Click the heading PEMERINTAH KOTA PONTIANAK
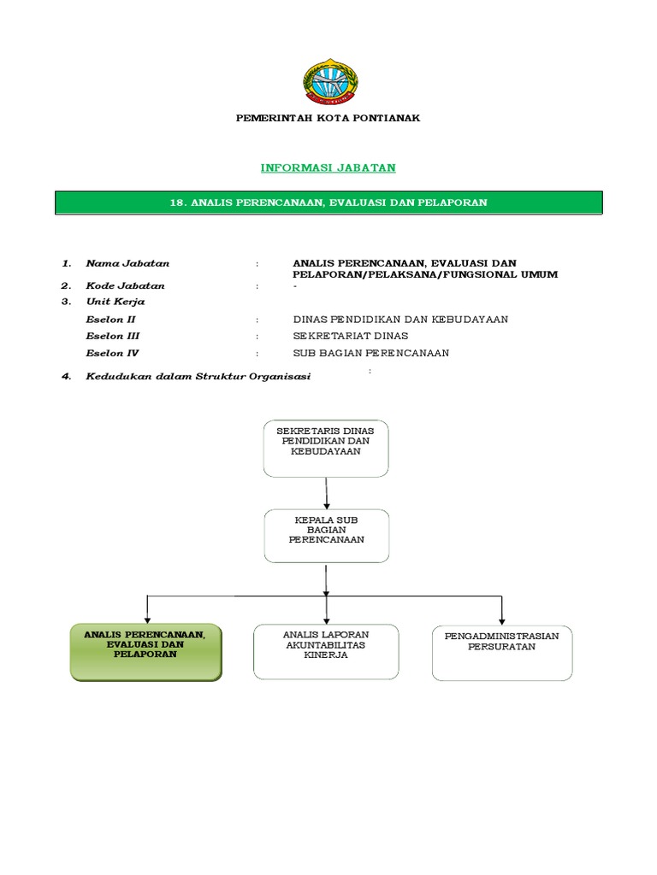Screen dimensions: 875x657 point(328,118)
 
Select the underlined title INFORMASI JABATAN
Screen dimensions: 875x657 point(328,167)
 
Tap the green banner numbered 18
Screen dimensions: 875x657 point(328,203)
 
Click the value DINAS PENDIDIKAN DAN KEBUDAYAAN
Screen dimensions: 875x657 point(400,319)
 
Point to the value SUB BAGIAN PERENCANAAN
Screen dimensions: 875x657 point(370,353)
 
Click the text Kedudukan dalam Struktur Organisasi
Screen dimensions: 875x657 point(198,377)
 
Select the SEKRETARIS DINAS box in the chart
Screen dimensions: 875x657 point(326,448)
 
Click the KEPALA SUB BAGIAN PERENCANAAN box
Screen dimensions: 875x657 point(326,536)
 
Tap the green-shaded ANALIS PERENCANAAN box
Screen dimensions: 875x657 point(145,651)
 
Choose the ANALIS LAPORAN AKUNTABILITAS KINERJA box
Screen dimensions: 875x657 point(326,651)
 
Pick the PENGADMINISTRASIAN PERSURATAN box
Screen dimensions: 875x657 point(502,653)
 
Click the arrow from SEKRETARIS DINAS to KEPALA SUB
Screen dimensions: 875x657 point(326,493)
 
